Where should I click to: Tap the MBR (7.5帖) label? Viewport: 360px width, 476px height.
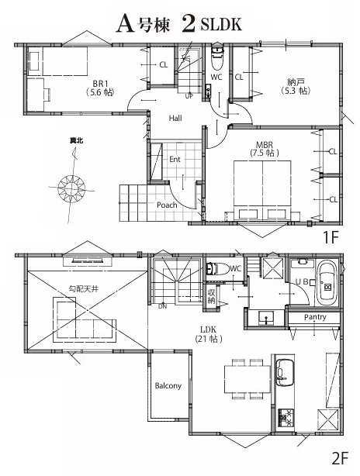point(265,149)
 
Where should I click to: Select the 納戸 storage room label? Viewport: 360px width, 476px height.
point(296,86)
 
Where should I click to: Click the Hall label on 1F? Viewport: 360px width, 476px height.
point(175,118)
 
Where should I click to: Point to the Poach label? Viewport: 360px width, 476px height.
point(167,205)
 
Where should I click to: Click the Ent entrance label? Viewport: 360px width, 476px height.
point(175,159)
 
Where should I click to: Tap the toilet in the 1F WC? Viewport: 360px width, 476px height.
point(217,57)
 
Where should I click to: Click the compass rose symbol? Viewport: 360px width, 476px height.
point(71,188)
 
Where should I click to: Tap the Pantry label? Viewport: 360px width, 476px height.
point(315,317)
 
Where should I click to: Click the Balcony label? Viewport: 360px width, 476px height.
point(168,385)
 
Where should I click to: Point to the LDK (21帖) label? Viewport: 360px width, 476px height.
point(209,334)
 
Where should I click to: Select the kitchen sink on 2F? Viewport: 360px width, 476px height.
point(285,372)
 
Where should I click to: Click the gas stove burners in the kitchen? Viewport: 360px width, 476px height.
point(286,418)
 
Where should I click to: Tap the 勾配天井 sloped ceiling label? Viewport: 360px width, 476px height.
point(84,288)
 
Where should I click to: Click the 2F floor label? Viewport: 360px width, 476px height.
point(339,458)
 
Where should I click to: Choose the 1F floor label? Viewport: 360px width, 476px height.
point(331,237)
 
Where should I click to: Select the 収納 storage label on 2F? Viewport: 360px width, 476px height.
point(211,296)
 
